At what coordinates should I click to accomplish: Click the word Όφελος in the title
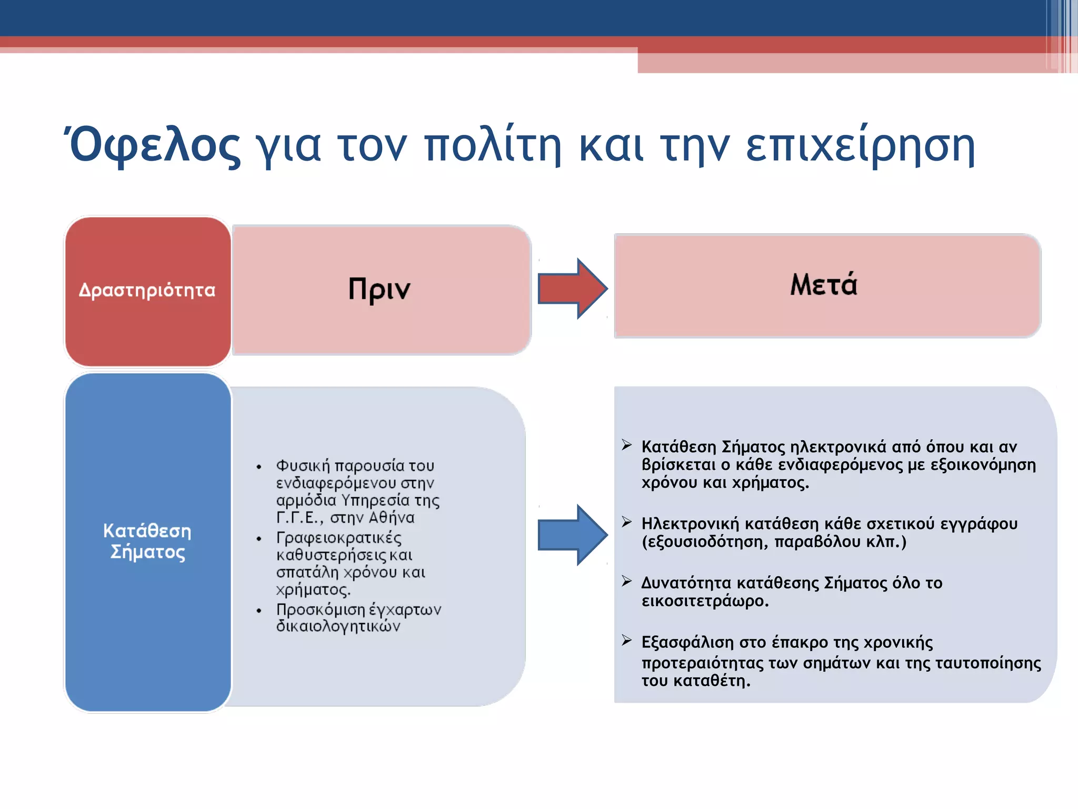[x=154, y=146]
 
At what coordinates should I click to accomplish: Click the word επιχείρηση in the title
[x=860, y=146]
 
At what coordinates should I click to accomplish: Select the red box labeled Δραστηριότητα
[x=147, y=291]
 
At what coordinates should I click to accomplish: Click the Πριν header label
[x=379, y=289]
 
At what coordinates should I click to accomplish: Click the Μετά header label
[x=824, y=285]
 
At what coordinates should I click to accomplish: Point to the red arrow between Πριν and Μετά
[x=572, y=289]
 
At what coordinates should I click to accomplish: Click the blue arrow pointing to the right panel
[x=572, y=535]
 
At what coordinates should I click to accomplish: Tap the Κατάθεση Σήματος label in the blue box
[x=147, y=541]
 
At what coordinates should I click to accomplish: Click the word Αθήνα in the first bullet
[x=391, y=518]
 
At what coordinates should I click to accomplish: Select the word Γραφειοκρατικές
[x=338, y=538]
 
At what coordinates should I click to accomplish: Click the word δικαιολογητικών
[x=338, y=626]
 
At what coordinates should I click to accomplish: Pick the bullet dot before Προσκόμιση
[x=259, y=610]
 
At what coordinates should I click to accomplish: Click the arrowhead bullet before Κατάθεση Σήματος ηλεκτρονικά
[x=626, y=445]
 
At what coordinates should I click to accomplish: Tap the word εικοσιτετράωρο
[x=704, y=601]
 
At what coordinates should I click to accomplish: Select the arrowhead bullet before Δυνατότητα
[x=626, y=581]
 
